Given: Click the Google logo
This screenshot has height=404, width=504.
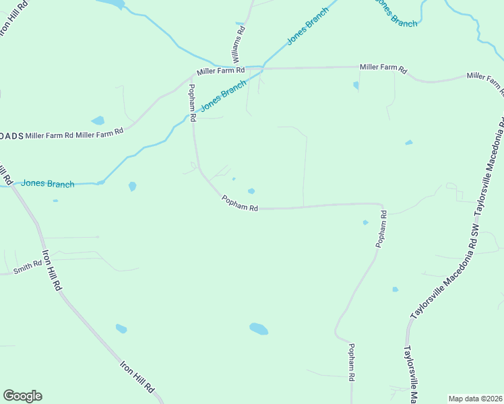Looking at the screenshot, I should [22, 396].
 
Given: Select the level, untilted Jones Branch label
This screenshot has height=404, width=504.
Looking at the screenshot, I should [47, 183].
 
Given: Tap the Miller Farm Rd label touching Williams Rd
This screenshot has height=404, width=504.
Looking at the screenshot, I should [220, 71].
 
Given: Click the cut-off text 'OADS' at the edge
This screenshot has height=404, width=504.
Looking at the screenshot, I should [12, 135].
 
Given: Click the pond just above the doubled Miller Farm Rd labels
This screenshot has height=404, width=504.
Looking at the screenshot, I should [98, 121].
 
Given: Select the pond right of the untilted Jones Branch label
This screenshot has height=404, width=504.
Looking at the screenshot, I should [132, 186].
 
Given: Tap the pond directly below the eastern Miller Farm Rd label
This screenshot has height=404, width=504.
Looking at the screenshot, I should [356, 86].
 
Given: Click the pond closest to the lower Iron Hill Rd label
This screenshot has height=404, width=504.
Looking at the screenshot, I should [121, 329].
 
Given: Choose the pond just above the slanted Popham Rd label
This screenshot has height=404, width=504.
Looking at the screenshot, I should [251, 191].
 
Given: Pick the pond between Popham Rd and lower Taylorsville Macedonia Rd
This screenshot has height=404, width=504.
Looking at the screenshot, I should [396, 290].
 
